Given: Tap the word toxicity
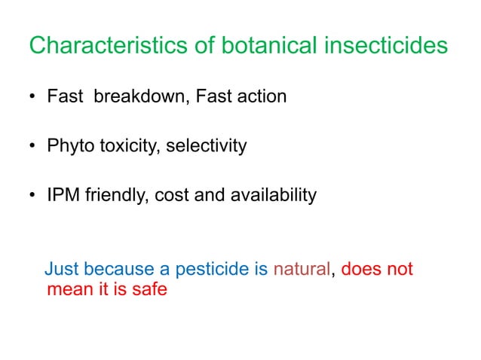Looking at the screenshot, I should (x=124, y=146).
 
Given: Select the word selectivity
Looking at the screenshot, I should (x=203, y=146).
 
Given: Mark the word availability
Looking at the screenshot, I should (x=273, y=196).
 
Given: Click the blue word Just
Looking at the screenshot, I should (x=62, y=270).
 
